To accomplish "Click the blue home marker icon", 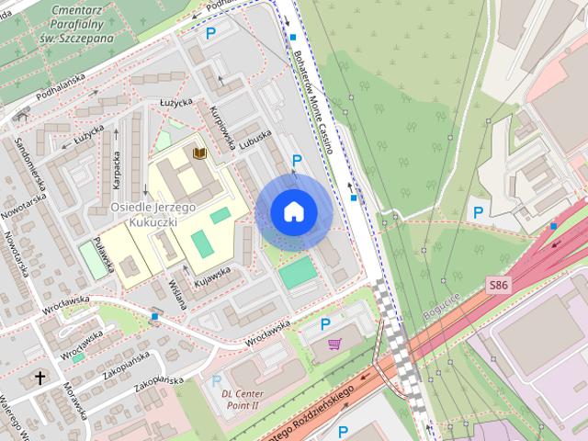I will coord(294,212).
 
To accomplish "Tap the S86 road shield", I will coord(498,286).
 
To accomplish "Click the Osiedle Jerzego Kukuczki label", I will coord(153,215).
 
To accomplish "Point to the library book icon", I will coord(199,152).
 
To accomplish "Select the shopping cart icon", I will coord(334,344).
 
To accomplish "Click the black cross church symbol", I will coord(40,377).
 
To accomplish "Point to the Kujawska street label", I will coord(211,274).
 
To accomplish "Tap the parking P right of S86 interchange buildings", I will coord(478,212).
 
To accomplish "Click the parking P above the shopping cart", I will coord(325,323).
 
